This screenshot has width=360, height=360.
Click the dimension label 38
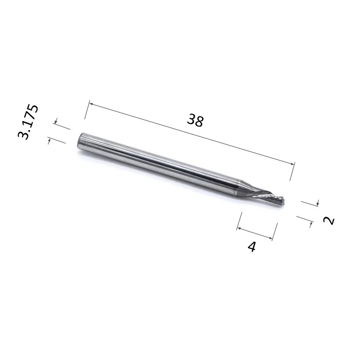(195, 121)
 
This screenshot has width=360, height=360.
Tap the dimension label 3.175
(28, 122)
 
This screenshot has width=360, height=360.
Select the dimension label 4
(251, 247)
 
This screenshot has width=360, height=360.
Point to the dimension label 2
(329, 221)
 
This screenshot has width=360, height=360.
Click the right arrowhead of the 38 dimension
(292, 164)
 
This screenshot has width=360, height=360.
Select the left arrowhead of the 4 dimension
(239, 228)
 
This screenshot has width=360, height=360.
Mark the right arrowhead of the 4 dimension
(271, 238)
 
